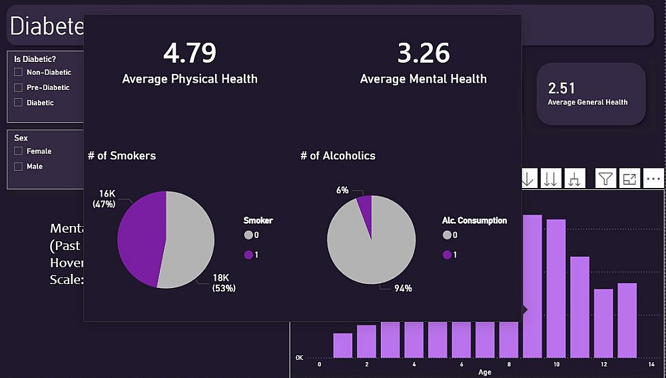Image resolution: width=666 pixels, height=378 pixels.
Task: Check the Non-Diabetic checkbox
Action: point(19,72)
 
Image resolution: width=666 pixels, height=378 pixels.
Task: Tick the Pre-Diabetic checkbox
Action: point(19,87)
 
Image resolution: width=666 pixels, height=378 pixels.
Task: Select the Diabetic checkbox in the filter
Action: point(19,103)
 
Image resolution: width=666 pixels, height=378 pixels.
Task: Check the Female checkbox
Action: point(19,151)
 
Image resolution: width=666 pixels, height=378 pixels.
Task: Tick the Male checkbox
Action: point(19,167)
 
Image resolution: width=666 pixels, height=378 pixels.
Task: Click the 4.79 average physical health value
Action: point(190,53)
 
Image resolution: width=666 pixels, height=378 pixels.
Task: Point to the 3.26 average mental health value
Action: point(424,53)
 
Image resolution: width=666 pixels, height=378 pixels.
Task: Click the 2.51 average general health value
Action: point(561,89)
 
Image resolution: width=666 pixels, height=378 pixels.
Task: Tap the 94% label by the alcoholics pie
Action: point(402,289)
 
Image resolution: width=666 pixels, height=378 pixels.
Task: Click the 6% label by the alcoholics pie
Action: point(342,190)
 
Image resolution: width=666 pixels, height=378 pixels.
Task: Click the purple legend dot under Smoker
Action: point(249,255)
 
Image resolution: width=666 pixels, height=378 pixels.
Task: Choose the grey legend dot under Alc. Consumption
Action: point(446,235)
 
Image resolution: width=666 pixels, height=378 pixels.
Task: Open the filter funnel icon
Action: point(605,178)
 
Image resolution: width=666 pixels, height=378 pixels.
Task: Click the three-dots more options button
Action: point(653,178)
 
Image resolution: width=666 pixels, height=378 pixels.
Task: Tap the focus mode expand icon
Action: point(629,178)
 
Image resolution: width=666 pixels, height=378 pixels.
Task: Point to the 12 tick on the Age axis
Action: point(603,364)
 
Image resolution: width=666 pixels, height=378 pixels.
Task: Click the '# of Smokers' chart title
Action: point(122,156)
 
